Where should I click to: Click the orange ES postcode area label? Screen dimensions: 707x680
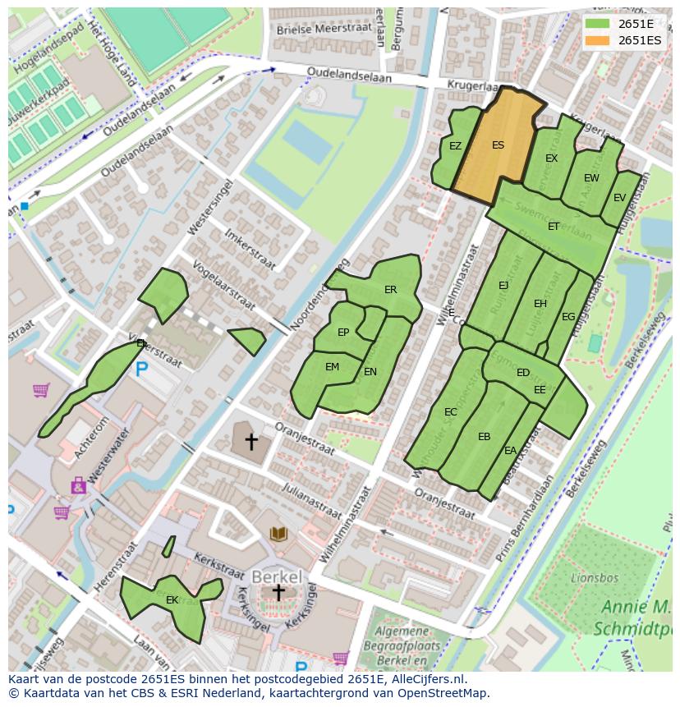coord(498,145)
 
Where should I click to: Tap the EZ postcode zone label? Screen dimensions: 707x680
coord(455,146)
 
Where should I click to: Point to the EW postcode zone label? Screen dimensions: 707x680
coord(591,178)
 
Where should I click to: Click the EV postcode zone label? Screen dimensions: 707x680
coord(619,198)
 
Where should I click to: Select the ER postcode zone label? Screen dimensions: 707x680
coord(390,290)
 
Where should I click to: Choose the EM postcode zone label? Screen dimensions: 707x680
coord(332,367)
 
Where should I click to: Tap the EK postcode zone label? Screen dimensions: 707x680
coord(172,600)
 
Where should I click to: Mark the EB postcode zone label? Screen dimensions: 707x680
coord(484,437)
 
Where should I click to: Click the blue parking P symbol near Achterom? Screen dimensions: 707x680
coord(142,370)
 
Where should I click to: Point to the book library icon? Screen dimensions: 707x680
coord(279,535)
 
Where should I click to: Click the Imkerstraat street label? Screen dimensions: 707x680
coord(250,247)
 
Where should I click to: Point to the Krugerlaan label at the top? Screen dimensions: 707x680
coord(472,85)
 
